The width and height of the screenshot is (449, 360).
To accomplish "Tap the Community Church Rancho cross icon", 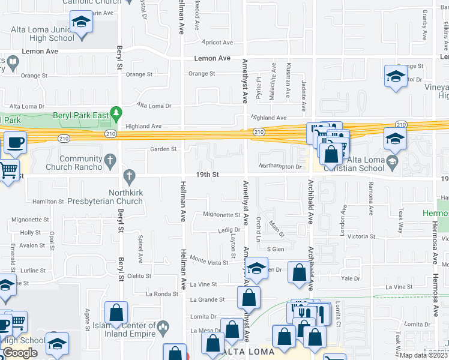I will point(109,160).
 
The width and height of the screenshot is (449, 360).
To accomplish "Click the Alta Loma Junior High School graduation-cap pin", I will point(79,23).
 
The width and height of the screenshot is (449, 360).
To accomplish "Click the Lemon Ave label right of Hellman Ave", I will point(212,58).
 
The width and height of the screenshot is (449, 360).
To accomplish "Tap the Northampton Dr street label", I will point(279,166).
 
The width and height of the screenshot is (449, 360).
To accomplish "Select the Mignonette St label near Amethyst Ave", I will point(221,214).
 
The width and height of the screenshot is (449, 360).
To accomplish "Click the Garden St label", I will point(163,149).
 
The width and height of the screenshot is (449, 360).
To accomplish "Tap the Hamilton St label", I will point(47,202).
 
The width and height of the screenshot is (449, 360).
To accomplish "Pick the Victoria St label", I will point(361,236).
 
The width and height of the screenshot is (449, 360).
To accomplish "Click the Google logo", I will point(20,353).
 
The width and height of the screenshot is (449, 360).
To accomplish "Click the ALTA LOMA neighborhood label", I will point(249,351).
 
